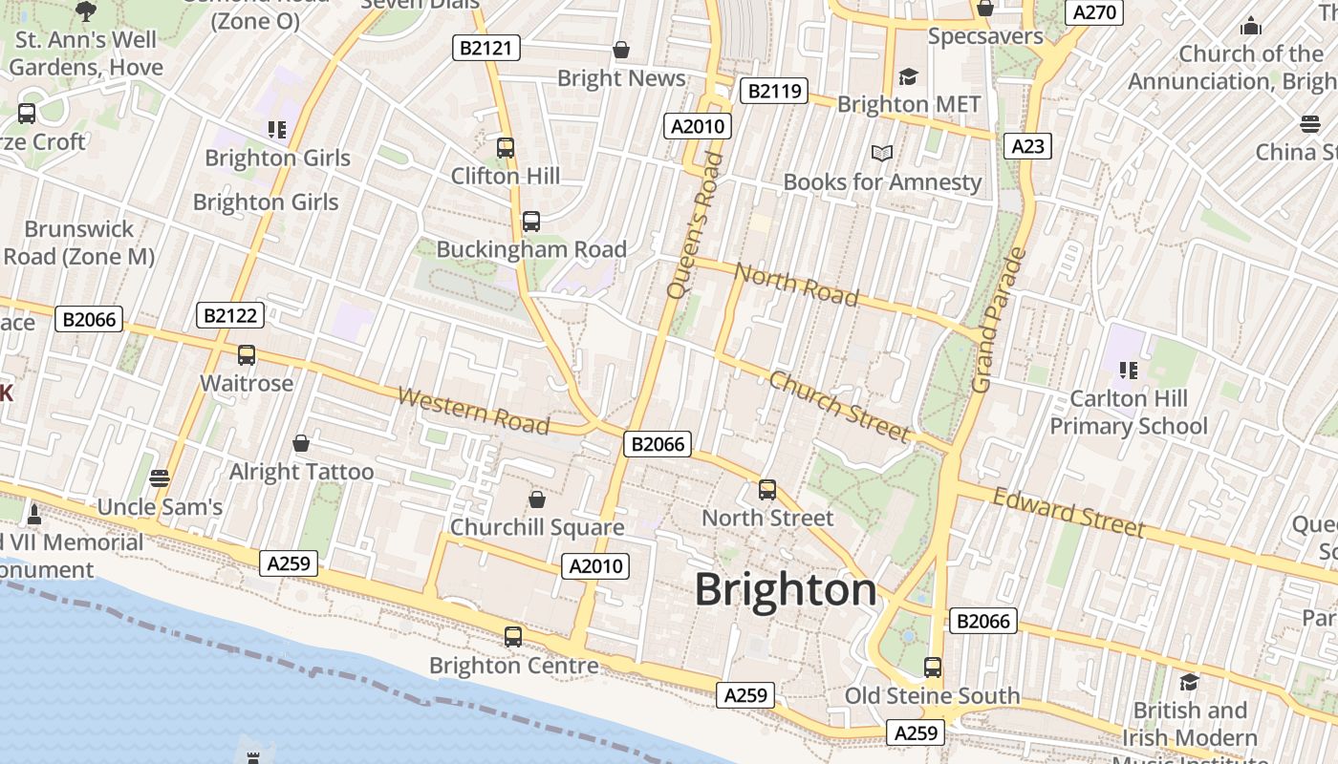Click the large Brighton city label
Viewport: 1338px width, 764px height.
coord(786,589)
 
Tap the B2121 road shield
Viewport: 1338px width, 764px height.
coord(486,48)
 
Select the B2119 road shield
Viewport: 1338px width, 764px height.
coord(774,91)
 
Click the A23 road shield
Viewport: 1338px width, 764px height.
coord(1027,146)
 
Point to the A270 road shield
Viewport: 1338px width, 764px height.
coord(1094,11)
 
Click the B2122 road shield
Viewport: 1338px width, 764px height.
coord(229,315)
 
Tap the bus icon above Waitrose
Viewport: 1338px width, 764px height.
coord(247,355)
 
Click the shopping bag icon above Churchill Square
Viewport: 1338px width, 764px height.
coord(537,499)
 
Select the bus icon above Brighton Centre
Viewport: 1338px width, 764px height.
coord(513,636)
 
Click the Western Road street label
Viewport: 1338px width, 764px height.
coord(473,411)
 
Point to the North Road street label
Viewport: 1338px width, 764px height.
coord(796,285)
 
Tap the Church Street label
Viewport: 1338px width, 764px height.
coord(840,407)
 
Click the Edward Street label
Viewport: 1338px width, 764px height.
coord(1068,512)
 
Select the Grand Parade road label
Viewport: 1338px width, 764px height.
coord(998,320)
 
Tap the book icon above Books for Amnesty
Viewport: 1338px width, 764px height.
coord(882,153)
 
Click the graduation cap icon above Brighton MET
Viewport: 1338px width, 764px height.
coord(908,76)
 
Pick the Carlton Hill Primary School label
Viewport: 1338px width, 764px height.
coord(1129,412)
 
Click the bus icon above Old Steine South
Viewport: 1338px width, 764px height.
coord(933,667)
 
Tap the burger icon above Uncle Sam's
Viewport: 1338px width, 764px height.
coord(160,477)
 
